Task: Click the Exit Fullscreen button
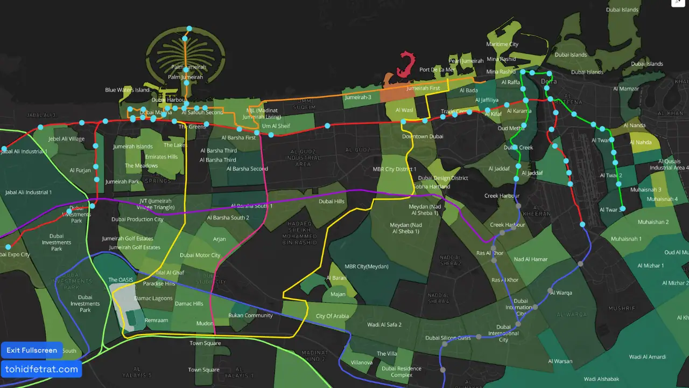click(x=32, y=350)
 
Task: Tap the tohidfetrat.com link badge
click(x=41, y=369)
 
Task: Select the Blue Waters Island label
click(x=127, y=90)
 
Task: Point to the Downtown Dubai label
click(x=423, y=136)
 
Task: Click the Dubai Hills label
click(x=332, y=202)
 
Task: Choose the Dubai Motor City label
click(x=200, y=255)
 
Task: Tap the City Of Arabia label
click(x=332, y=316)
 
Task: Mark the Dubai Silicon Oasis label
click(x=448, y=338)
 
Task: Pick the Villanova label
click(x=361, y=363)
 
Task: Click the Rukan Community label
click(x=250, y=315)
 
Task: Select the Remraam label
click(x=157, y=320)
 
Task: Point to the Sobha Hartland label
click(x=431, y=186)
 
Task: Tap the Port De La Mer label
click(x=437, y=70)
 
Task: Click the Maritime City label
click(x=502, y=44)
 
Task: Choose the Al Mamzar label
click(x=625, y=89)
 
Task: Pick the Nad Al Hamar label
click(x=531, y=259)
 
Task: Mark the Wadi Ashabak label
click(x=601, y=379)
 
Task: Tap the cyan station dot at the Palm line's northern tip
click(x=189, y=29)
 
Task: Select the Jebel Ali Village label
click(x=66, y=139)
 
